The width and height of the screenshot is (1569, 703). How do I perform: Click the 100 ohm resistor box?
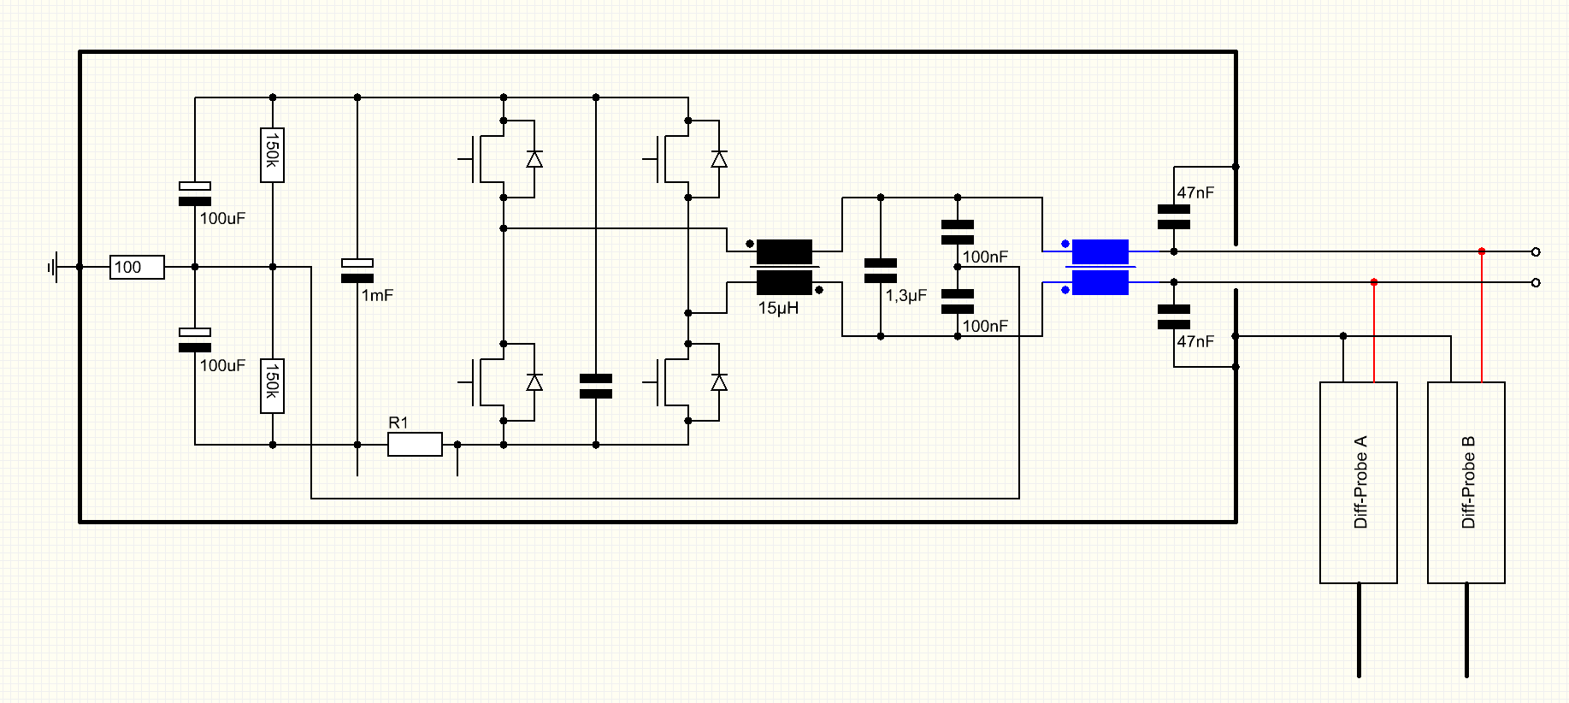click(137, 267)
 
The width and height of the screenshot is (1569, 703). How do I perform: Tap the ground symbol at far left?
click(54, 267)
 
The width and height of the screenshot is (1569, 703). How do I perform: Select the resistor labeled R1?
click(415, 444)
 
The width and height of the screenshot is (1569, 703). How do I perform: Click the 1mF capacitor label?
click(377, 295)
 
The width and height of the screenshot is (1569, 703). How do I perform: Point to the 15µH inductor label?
click(778, 308)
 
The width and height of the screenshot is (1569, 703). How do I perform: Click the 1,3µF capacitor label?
click(906, 295)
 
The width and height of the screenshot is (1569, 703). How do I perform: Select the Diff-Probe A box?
click(1359, 482)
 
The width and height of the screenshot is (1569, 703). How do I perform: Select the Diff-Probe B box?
click(1466, 482)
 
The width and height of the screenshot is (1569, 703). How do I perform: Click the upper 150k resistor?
click(272, 155)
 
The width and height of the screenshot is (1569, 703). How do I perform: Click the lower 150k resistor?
click(272, 386)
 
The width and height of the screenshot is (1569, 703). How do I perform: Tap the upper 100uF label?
click(222, 218)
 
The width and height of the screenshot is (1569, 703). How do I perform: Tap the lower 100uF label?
click(222, 365)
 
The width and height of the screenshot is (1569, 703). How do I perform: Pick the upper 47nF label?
click(1195, 193)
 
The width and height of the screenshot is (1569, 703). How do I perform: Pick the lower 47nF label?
click(1195, 341)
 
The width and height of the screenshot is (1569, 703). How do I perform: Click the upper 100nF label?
click(985, 257)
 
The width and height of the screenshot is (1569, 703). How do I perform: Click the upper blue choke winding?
click(1100, 251)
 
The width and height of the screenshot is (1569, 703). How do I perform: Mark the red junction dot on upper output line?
click(1482, 251)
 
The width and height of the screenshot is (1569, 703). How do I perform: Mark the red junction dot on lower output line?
click(1374, 282)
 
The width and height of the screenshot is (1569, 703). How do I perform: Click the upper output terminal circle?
click(1536, 251)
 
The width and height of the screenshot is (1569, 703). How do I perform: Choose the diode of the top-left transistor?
click(534, 159)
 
